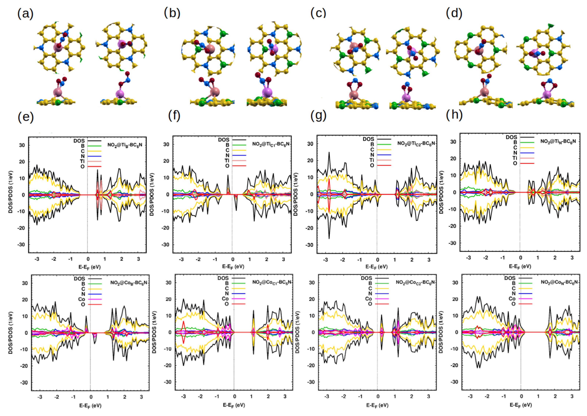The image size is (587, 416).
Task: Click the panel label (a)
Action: click(25, 14)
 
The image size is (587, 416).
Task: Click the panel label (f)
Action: click(174, 116)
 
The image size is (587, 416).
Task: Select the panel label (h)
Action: click(454, 115)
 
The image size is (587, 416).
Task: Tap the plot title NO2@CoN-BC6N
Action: click(559, 282)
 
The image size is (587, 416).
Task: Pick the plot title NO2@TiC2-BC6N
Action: click(416, 144)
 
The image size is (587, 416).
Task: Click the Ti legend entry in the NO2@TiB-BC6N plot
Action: click(82, 161)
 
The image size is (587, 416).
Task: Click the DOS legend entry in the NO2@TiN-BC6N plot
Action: click(511, 137)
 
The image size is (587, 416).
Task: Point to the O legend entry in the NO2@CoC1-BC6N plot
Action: click(227, 304)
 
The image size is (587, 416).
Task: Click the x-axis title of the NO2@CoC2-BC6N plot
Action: click(377, 405)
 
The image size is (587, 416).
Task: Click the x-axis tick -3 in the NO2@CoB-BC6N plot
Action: click(40, 397)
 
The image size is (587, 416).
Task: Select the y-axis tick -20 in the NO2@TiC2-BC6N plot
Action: click(310, 228)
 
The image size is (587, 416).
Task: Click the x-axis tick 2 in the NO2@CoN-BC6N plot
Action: click(555, 396)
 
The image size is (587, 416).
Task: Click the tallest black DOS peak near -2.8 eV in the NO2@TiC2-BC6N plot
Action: click(329, 153)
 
